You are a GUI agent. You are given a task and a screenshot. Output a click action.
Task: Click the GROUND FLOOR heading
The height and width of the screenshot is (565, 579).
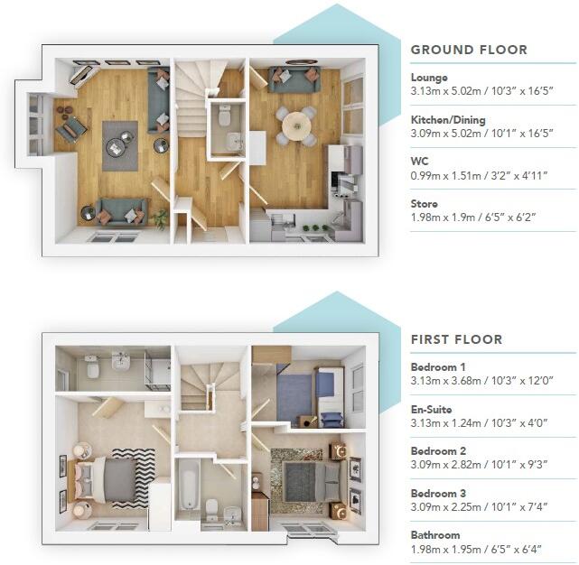pos(469,51)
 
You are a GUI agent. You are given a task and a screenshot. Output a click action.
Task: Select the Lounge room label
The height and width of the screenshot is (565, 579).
pos(429,78)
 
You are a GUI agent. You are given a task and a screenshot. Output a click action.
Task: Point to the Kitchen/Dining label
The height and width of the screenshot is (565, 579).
pos(448,120)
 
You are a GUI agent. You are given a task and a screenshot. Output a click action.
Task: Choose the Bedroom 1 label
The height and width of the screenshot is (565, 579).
pos(439,367)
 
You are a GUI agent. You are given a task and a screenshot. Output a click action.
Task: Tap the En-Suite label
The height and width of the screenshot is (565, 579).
pos(432,409)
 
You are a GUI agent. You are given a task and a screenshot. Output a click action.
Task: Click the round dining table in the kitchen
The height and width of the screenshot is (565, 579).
pos(295,124)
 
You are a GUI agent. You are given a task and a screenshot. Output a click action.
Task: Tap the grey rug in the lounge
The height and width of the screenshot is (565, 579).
pos(120,144)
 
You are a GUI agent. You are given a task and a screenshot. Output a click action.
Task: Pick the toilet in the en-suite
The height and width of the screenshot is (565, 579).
pos(90,368)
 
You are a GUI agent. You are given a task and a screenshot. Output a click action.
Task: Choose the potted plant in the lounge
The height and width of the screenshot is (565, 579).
pos(161,218)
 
